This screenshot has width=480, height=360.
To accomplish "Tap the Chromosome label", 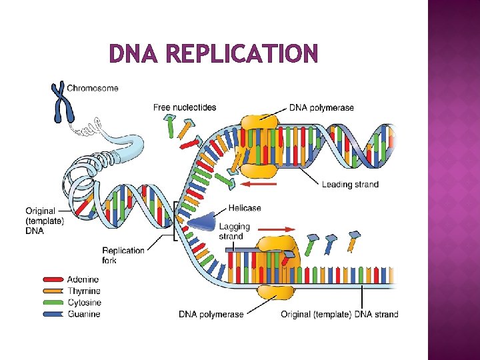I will coord(93,87).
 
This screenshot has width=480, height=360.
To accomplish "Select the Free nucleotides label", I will coord(185,107).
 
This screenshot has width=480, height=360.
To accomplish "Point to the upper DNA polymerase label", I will coord(321,107).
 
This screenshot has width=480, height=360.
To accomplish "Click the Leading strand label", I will coord(349,185).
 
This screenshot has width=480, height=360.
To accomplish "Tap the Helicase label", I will coord(245,208).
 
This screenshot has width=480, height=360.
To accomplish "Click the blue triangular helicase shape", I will coord(203,222).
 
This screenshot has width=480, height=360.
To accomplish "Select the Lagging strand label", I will coord(234,231).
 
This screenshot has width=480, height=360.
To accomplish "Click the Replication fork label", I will coord(123,255).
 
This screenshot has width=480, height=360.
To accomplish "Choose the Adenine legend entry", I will coord(83,279).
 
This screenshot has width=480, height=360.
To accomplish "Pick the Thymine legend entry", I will coord(83,291).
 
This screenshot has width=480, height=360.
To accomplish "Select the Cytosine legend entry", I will coord(83,302).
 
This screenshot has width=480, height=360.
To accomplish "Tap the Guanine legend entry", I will coord(83,313).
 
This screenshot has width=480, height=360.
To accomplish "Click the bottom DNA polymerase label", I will coord(211,314).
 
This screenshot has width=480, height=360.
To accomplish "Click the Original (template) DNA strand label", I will coord(339,314).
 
